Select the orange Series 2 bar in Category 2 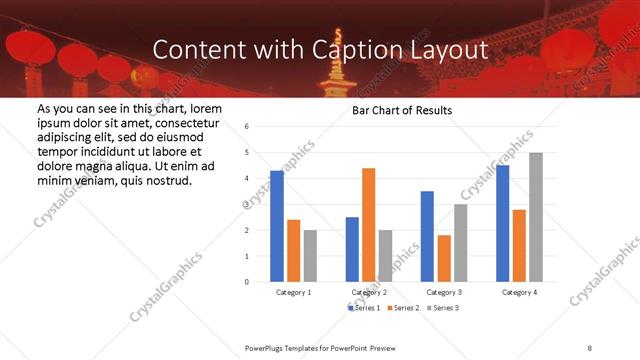tap(368, 225)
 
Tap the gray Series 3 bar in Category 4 tap(536, 217)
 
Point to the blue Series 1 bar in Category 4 tap(502, 223)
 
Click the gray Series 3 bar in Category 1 tap(310, 256)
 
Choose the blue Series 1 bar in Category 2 tap(352, 249)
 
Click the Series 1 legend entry tap(365, 307)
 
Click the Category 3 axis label tap(444, 292)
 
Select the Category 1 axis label tap(294, 292)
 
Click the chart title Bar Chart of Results tap(403, 110)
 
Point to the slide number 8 tap(590, 347)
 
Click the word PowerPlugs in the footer tap(266, 347)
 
